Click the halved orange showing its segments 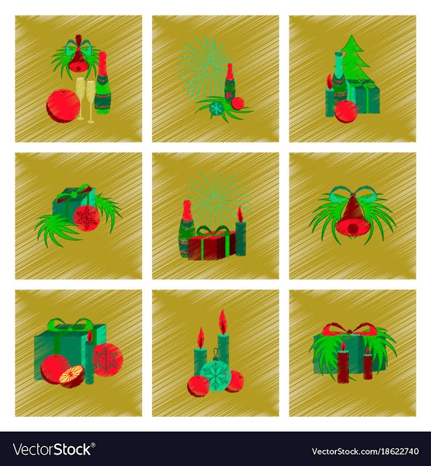point(72,376)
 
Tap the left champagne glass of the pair point(80,98)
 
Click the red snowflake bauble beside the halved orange point(107,359)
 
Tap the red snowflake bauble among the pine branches point(86,218)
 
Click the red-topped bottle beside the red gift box point(187,228)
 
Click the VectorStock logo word point(52,448)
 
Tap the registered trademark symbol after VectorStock point(93,444)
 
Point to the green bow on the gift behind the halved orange point(71,324)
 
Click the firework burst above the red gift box point(215,198)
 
